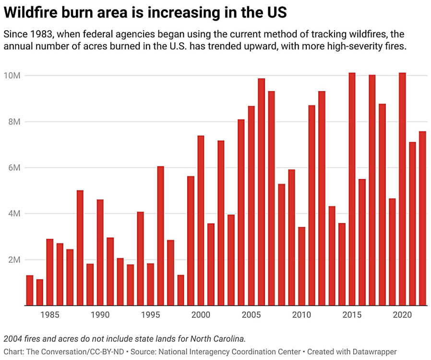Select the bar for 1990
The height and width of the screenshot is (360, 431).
point(100,252)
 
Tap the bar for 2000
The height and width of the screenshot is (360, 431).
point(201,221)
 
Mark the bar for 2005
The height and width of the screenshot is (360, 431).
point(251,206)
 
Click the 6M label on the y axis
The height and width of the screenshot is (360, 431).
point(13,168)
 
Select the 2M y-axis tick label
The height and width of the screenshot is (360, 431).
point(13,260)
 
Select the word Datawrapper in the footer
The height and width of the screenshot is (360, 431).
point(373,352)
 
